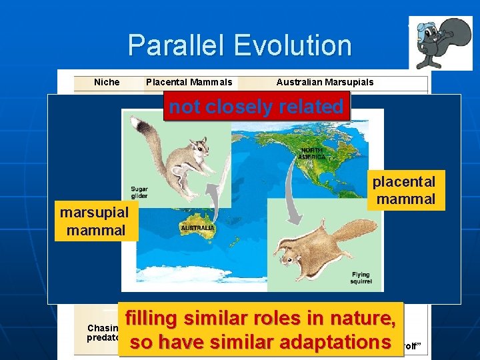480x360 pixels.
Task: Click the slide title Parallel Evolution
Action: click(239, 45)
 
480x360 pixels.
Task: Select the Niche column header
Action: click(107, 82)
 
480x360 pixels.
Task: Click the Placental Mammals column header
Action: click(189, 82)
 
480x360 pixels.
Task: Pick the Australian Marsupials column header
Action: click(325, 82)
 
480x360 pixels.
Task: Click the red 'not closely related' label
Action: click(257, 107)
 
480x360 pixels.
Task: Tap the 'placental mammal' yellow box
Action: click(405, 190)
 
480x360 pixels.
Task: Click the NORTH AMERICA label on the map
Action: click(313, 153)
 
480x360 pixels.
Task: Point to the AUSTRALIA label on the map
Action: click(197, 228)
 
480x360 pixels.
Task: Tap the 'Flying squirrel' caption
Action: click(360, 277)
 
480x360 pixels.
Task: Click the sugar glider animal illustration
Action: click(177, 160)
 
